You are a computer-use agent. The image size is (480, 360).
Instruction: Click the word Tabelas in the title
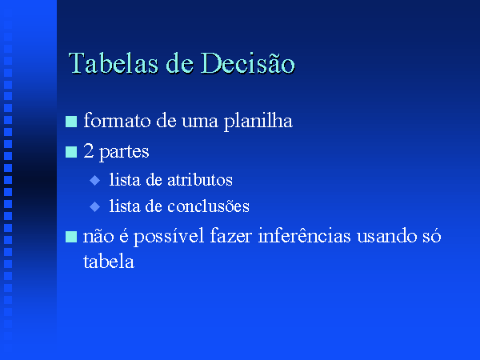click(x=114, y=63)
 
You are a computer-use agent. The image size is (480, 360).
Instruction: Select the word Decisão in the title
click(x=248, y=62)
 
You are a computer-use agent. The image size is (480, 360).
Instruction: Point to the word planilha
click(x=258, y=122)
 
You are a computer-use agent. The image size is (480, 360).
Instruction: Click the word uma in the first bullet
click(x=200, y=122)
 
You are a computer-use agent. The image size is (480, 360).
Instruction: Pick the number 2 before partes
click(x=89, y=151)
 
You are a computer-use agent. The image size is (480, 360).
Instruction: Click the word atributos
click(x=200, y=180)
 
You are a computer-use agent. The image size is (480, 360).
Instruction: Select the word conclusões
click(x=208, y=206)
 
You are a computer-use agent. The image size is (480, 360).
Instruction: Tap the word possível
click(x=169, y=237)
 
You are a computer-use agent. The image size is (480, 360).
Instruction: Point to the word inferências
click(x=304, y=236)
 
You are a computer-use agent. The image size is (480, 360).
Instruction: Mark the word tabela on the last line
click(x=109, y=262)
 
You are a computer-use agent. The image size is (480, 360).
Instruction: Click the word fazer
click(x=231, y=236)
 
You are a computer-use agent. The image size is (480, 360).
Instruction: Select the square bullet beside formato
click(x=71, y=122)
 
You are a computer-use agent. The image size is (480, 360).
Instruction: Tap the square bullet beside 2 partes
click(x=71, y=152)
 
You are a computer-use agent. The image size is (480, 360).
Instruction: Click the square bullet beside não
click(x=71, y=237)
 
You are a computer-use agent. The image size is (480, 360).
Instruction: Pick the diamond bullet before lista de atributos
click(x=95, y=180)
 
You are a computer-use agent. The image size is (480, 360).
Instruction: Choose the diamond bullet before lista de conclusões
click(x=95, y=206)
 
